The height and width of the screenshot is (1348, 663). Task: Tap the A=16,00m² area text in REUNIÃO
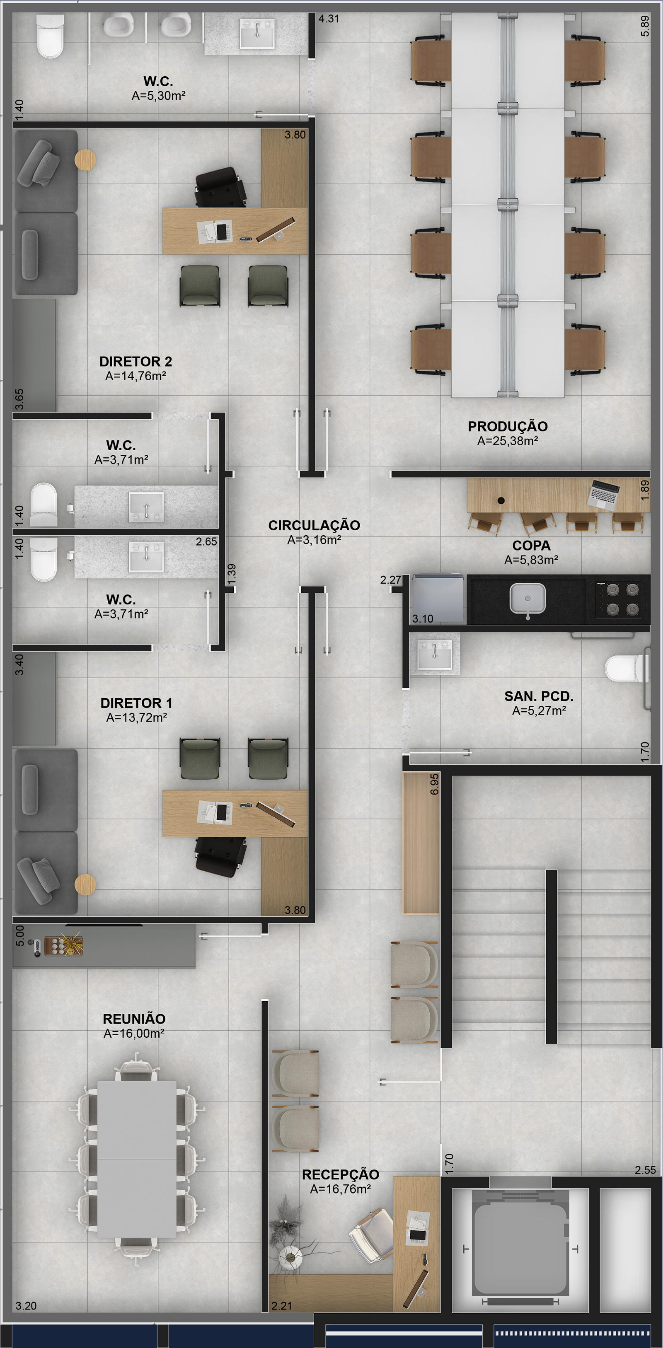[135, 1034]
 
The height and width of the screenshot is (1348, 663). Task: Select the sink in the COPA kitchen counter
[527, 599]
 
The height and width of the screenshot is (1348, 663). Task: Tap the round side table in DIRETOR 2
[85, 159]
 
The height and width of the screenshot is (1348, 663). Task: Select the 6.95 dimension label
[434, 784]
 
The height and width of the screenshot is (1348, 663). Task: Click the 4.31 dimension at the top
[329, 19]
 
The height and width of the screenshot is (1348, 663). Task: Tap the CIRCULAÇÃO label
[314, 525]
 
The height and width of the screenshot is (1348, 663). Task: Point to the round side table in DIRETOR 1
[85, 885]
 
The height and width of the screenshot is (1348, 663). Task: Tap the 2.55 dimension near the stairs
[645, 1170]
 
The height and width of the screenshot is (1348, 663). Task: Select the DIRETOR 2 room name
[136, 361]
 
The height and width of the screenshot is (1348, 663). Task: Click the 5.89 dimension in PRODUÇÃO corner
[645, 26]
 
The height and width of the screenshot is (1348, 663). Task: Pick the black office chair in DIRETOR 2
[220, 187]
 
